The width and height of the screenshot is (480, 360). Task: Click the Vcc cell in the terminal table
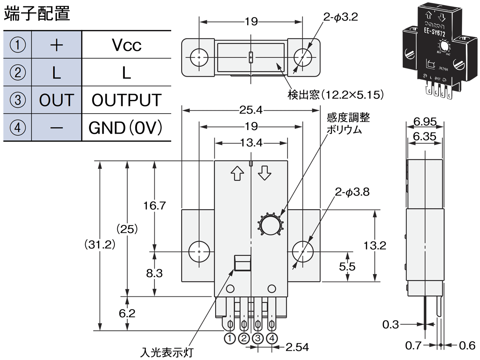pos(126,45)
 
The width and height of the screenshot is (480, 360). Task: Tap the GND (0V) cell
pos(126,128)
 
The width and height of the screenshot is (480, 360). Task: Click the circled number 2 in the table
pos(17,73)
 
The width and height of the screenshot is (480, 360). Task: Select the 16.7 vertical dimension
pos(154,206)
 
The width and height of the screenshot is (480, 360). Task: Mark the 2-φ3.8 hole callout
pos(352,192)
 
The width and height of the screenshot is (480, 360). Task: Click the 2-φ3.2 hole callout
pos(340,17)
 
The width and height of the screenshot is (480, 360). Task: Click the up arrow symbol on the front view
pos(238,173)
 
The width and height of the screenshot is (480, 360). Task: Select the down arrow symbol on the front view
pos(265,173)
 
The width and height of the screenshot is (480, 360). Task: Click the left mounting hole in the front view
pos(199,252)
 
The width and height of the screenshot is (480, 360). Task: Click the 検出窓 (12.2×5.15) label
pos(336,95)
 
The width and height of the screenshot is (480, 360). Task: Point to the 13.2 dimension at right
pos(375,246)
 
